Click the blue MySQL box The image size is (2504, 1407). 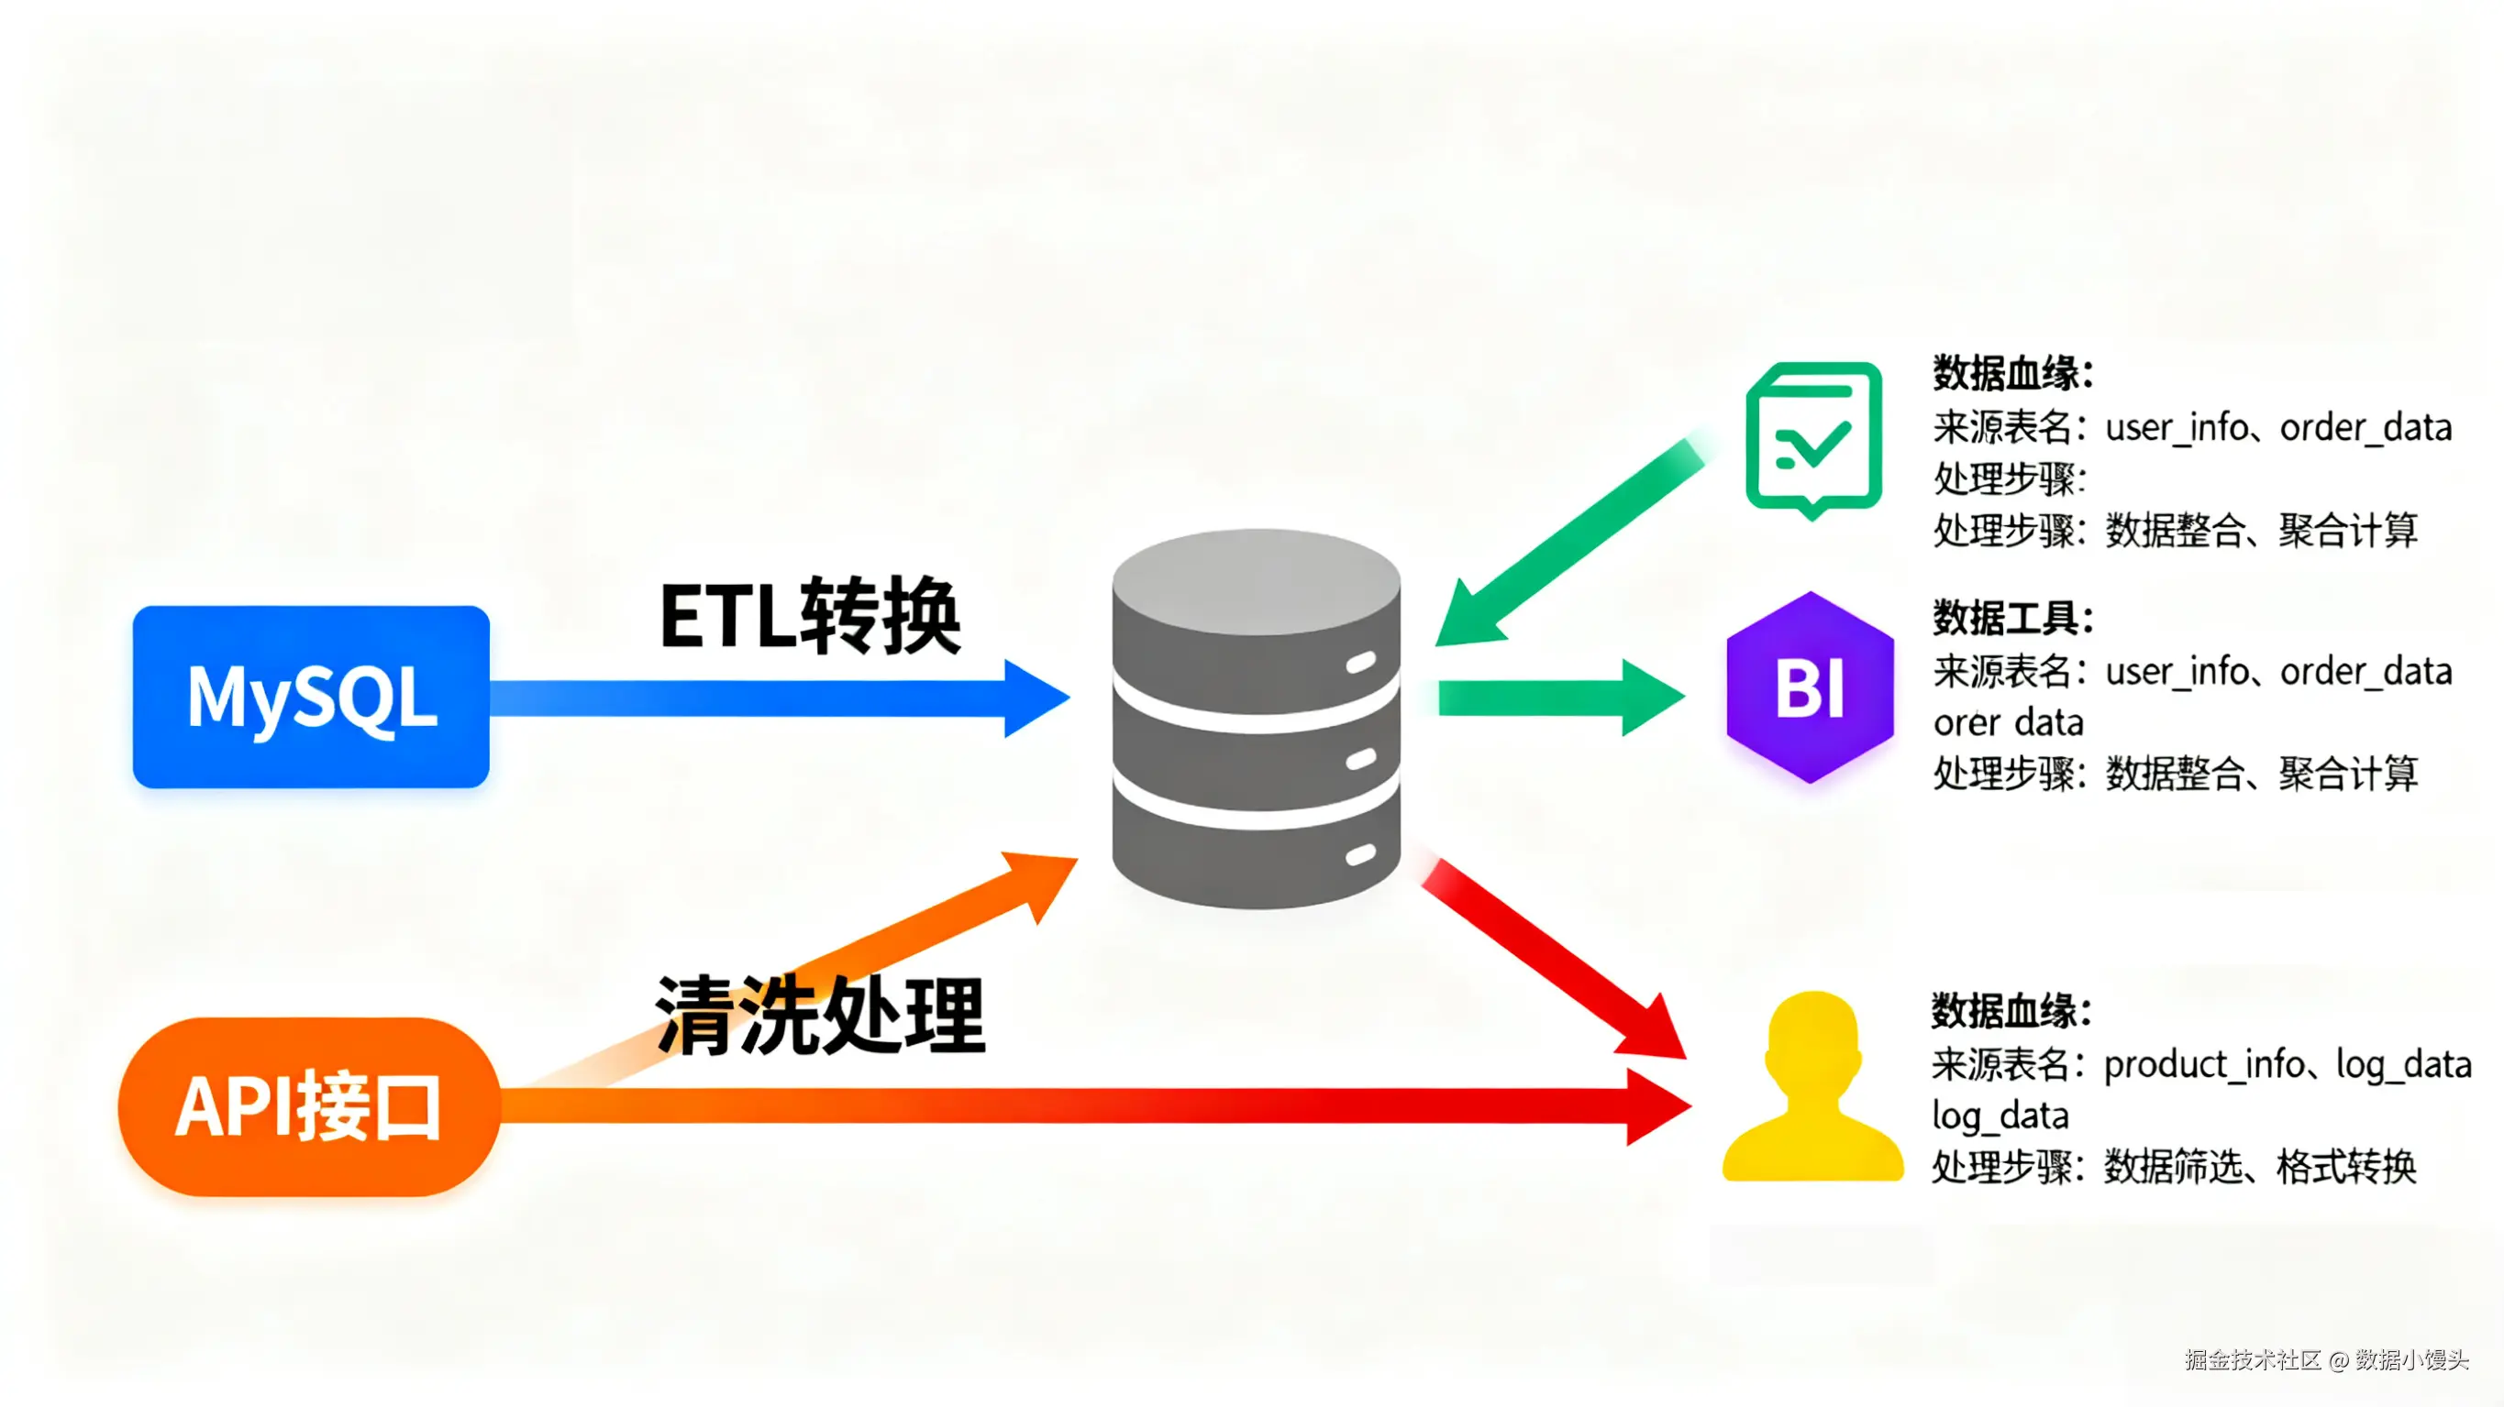[x=311, y=697]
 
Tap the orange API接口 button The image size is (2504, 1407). [x=310, y=1106]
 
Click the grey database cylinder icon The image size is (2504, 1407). [x=1256, y=719]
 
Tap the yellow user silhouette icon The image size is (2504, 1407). [x=1812, y=1086]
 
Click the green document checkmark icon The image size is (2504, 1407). [x=1814, y=439]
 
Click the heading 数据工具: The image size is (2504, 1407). [x=2013, y=618]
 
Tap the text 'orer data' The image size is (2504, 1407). [x=2009, y=723]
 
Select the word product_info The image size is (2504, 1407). [x=2204, y=1066]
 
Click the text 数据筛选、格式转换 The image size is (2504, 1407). [x=2260, y=1166]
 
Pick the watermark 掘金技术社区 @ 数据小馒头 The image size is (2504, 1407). [x=2327, y=1359]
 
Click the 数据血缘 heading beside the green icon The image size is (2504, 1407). [x=2013, y=373]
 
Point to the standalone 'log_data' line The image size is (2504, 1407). [x=2000, y=1116]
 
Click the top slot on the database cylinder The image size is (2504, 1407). [x=1361, y=663]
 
